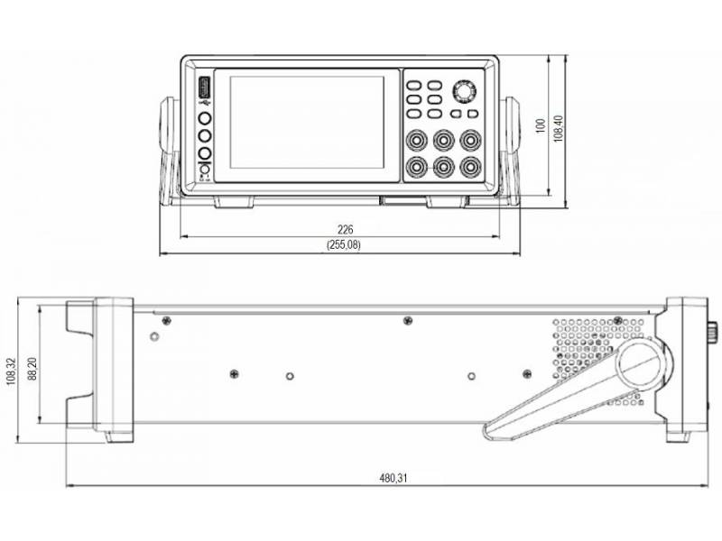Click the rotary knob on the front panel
(464, 92)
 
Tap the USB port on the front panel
(204, 89)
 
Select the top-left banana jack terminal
(418, 141)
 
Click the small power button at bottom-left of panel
(204, 170)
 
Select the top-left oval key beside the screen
(413, 83)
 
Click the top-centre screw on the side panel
(408, 320)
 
